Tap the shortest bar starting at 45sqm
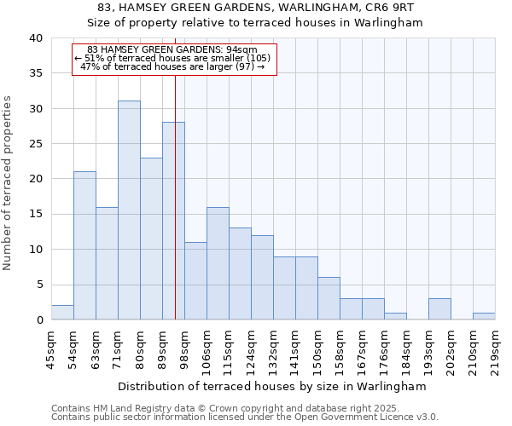click(62, 313)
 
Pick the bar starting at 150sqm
click(329, 298)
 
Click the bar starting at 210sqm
click(484, 316)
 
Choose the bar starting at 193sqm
click(439, 309)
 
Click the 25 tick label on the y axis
click(36, 144)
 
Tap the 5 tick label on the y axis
click(39, 285)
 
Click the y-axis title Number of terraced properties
click(9, 183)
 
